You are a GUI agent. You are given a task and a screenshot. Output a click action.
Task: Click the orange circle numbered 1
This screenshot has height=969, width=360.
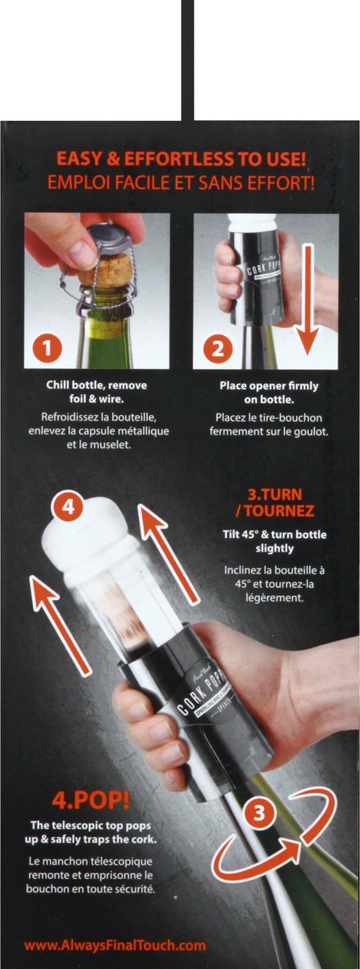(x=48, y=347)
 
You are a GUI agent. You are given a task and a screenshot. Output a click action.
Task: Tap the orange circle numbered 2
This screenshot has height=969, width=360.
(x=218, y=347)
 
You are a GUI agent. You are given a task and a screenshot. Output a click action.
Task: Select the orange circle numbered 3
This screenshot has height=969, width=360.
(x=258, y=813)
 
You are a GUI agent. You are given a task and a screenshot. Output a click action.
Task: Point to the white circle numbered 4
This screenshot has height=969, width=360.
(x=69, y=506)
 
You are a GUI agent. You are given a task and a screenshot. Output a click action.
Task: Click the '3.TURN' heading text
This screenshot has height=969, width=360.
(x=275, y=494)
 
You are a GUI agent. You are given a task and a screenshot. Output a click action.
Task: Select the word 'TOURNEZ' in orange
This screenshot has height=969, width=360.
(x=278, y=511)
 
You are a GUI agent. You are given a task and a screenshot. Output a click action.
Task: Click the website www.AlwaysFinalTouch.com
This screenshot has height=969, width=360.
(x=115, y=946)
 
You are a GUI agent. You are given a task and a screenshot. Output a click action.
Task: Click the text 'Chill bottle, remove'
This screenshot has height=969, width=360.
(x=96, y=385)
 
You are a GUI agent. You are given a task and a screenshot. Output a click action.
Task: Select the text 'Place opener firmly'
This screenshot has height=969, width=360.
(x=269, y=385)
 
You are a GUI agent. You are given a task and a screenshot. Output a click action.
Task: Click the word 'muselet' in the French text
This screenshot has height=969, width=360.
(x=113, y=445)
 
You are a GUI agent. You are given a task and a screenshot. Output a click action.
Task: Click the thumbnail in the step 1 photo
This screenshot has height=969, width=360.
(x=82, y=254)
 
